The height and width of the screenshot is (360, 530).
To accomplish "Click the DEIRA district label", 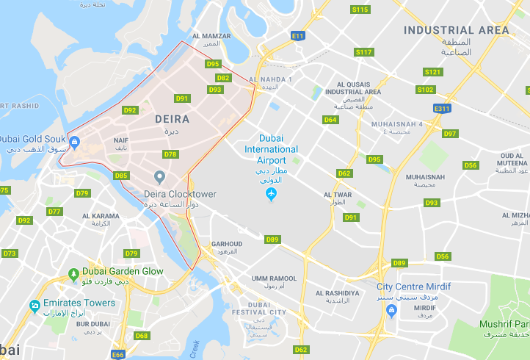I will tap(172, 118).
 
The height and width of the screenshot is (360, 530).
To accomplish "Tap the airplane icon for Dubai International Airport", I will tap(271, 195).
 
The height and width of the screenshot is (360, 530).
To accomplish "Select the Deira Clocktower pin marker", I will tap(159, 176).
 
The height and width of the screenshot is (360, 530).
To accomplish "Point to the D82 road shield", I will tap(224, 78).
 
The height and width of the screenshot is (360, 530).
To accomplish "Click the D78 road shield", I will tap(171, 154).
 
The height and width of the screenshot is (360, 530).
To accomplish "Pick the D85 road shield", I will tap(121, 176).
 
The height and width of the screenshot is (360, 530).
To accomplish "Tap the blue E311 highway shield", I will tap(441, 109).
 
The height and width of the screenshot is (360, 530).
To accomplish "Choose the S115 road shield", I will tap(360, 10).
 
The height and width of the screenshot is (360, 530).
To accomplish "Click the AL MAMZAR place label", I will tap(211, 36).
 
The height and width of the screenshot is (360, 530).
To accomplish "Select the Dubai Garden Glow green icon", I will tap(73, 274).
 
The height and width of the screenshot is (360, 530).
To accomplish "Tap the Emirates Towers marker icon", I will tap(34, 305).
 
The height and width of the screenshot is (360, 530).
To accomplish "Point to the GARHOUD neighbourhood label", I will tap(226, 244).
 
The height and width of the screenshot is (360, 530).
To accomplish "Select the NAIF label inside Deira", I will tap(121, 139).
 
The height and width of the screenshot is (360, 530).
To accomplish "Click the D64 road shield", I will tap(330, 120).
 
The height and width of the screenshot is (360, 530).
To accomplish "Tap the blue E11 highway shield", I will tap(297, 35).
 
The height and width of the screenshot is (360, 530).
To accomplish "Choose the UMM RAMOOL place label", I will tap(274, 278).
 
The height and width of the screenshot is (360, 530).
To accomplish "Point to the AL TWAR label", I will tap(338, 195).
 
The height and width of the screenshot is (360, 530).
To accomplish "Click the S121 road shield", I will tap(433, 72).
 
